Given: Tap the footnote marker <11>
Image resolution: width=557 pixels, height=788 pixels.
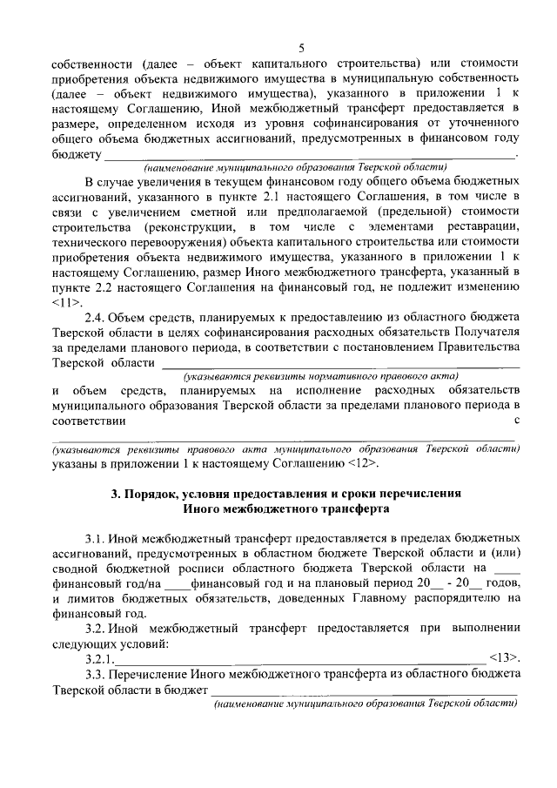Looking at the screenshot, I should click(x=68, y=302).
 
